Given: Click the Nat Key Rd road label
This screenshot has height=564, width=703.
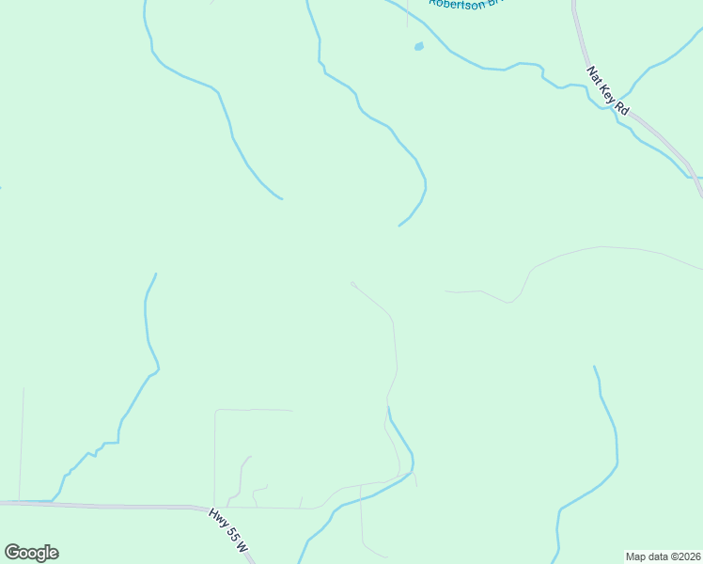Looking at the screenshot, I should pyautogui.click(x=608, y=90).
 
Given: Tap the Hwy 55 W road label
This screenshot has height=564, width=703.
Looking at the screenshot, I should pyautogui.click(x=229, y=531).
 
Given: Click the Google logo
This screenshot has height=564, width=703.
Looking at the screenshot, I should pyautogui.click(x=31, y=553).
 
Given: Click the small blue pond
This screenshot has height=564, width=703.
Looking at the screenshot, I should pyautogui.click(x=418, y=45).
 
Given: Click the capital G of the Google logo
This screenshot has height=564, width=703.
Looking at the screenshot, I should pyautogui.click(x=12, y=553).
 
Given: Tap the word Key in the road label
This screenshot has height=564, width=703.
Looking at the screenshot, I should pyautogui.click(x=608, y=90).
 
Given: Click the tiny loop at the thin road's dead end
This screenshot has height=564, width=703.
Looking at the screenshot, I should pyautogui.click(x=352, y=283).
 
